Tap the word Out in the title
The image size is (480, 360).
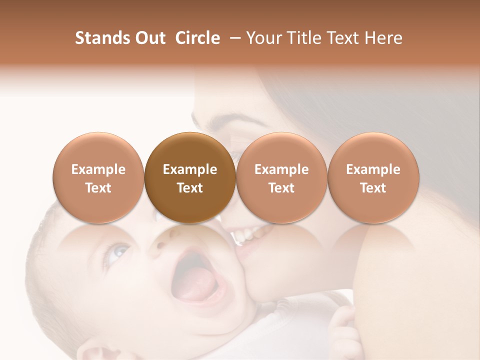tap(149, 38)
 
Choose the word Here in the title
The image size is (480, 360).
tap(382, 38)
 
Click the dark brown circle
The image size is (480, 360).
tap(190, 177)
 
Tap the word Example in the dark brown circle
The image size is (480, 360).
tap(190, 169)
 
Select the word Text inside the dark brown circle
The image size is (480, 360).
tap(190, 188)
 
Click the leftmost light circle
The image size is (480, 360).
tap(98, 177)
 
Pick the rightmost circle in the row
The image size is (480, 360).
tap(373, 177)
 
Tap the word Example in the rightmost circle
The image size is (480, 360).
tap(373, 169)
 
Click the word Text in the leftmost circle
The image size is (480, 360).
tap(98, 188)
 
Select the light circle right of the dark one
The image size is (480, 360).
tap(281, 177)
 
